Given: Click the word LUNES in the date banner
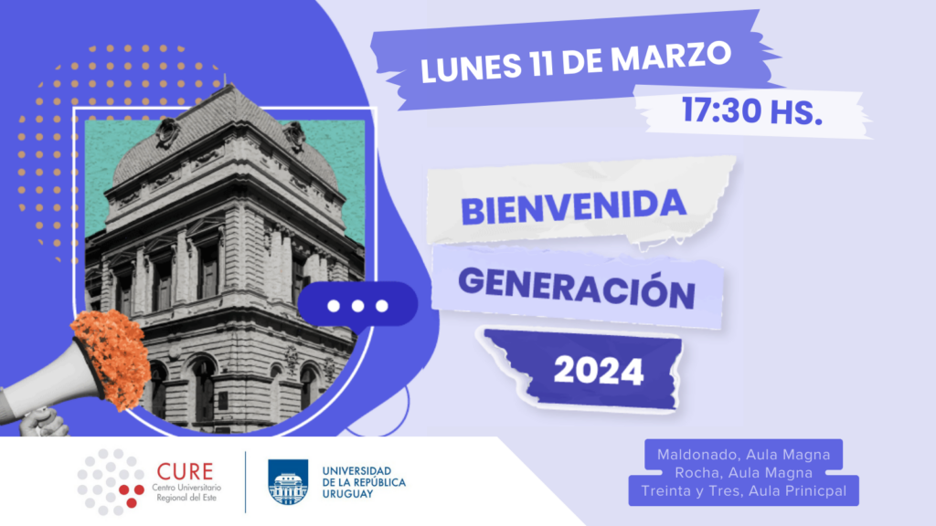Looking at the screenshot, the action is tap(471, 67).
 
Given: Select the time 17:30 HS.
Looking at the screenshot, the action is tap(752, 110).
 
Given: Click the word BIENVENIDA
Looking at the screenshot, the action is tap(573, 206).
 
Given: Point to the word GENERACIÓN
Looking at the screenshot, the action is tap(577, 288).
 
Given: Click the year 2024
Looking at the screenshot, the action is tap(599, 371).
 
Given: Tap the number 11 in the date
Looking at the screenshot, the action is tap(541, 63).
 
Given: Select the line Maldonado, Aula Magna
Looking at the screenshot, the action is tap(743, 455).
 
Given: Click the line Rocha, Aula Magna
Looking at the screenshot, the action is tap(743, 472).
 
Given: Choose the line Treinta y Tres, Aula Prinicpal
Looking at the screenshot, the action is tap(744, 490).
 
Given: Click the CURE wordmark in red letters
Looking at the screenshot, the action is tap(185, 471).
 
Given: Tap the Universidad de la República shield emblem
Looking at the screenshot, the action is tap(288, 482).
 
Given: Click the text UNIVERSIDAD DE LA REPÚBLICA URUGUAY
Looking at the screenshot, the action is tap(364, 482).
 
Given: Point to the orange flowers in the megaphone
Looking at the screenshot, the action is tap(112, 359).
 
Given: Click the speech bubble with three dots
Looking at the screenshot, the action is tap(357, 306).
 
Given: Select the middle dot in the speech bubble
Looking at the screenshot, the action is tap(357, 306).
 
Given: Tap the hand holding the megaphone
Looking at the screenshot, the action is tap(42, 422).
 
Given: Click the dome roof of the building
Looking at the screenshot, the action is tap(226, 136).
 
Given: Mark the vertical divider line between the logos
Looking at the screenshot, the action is tap(245, 482).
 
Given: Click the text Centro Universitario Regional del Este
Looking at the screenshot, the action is tap(186, 492).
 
